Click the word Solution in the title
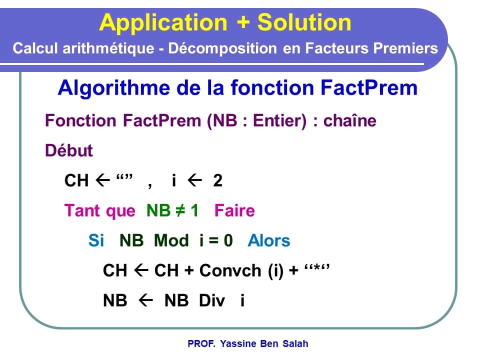304,22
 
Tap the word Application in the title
162,22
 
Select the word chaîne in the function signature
350,121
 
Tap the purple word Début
69,150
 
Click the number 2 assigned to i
217,180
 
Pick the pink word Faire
234,210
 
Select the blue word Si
96,240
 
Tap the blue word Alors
268,240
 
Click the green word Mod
171,240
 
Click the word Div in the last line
212,300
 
